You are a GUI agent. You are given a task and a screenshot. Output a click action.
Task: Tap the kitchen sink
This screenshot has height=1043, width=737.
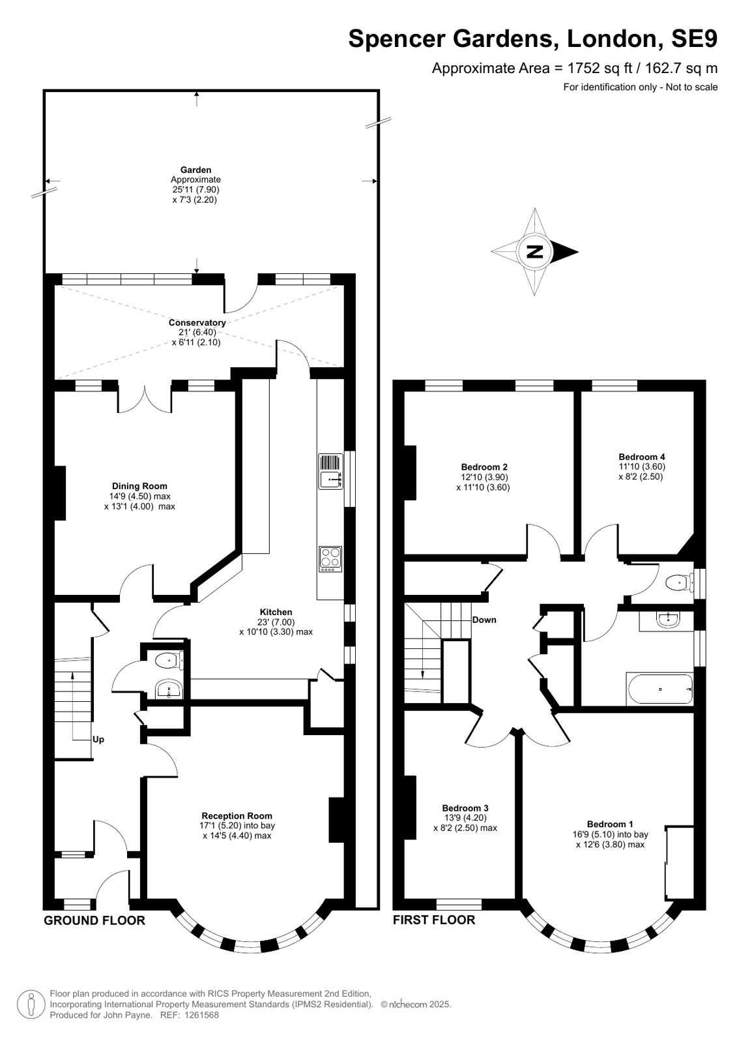(x=331, y=471)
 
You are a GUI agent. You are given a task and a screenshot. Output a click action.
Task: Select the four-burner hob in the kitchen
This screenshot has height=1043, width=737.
(x=330, y=559)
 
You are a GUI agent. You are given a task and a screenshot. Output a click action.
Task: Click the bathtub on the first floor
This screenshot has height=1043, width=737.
(x=659, y=689)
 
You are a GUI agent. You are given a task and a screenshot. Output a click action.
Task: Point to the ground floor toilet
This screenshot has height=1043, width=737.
(x=168, y=660)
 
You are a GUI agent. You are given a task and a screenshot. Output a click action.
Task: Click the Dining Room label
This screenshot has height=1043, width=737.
(x=139, y=486)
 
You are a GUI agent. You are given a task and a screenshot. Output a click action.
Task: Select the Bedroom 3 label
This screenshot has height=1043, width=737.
(x=465, y=808)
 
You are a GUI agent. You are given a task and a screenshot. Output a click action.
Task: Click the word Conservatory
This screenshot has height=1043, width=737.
(x=197, y=322)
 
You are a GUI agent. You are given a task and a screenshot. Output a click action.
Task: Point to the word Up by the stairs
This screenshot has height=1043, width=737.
(x=98, y=740)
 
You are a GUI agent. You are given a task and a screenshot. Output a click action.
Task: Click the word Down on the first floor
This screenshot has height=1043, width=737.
(x=484, y=620)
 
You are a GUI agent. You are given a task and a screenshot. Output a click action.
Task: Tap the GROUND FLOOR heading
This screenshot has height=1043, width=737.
(x=94, y=920)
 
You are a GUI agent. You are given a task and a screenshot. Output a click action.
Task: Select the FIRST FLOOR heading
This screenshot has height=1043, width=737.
(x=434, y=920)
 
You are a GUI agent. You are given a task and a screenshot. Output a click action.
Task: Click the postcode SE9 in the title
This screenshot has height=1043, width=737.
(x=694, y=38)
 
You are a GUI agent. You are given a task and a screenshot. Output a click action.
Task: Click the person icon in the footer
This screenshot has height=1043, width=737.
(x=32, y=1005)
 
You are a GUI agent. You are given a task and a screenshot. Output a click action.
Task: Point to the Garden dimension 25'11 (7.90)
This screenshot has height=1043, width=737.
(x=195, y=190)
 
